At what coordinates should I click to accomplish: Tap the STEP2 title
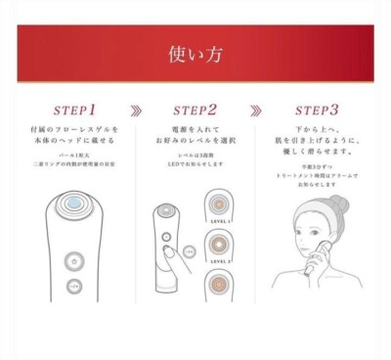[x=195, y=110]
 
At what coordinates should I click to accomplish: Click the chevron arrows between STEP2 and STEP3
[x=256, y=111]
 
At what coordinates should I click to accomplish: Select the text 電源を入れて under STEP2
[x=196, y=131]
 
